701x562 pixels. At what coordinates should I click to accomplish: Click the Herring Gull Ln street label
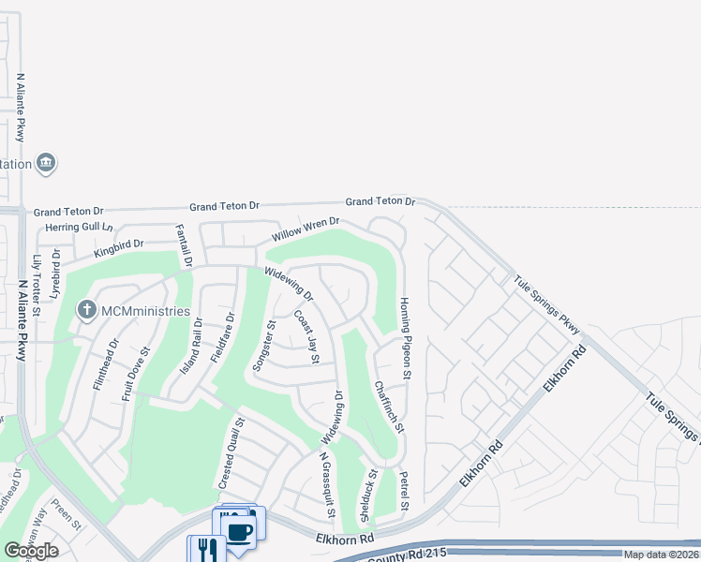[x=79, y=228]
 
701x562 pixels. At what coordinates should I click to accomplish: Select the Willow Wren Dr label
[x=305, y=229]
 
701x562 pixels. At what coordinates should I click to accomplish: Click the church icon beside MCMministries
[x=86, y=309]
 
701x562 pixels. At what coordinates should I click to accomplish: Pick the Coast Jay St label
[x=307, y=337]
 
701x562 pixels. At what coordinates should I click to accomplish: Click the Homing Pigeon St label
[x=406, y=338]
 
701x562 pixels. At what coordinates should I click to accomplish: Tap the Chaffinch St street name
[x=388, y=406]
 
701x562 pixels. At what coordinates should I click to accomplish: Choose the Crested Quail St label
[x=231, y=453]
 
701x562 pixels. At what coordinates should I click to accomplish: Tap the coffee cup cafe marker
[x=241, y=530]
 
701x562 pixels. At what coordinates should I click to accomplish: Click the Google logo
[x=31, y=551]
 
